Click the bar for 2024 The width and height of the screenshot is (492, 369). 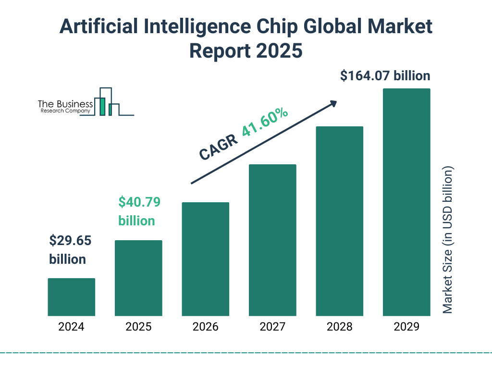pos(71,297)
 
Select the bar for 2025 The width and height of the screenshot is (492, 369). pos(138,278)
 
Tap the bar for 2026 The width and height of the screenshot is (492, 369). pos(205,259)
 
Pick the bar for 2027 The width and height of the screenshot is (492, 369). pos(272,240)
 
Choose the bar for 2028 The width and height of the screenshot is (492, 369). pos(339,221)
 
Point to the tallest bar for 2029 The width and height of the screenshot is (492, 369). pos(406,202)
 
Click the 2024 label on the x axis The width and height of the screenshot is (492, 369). pos(71,327)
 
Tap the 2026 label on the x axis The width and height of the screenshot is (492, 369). pos(205,327)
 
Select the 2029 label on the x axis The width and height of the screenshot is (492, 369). pos(406,327)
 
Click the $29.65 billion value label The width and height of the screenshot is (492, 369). pos(70,250)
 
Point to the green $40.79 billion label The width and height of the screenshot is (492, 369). pos(139,211)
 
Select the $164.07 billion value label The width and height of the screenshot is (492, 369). pos(385,75)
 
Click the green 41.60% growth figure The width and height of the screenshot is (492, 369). pos(265,122)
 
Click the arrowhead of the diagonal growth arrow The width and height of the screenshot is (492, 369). pos(333,103)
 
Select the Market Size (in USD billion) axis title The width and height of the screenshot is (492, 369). pos(448,240)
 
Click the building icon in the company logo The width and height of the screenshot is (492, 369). pos(108,102)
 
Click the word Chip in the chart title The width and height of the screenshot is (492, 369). pos(293,27)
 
